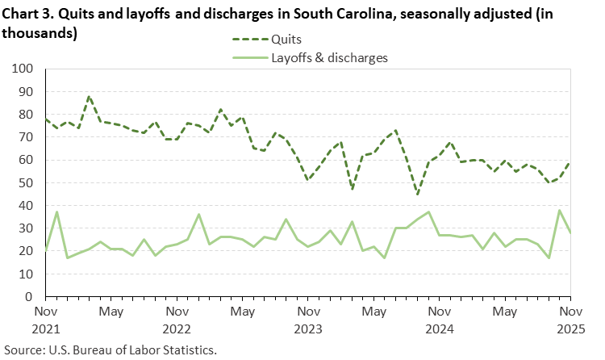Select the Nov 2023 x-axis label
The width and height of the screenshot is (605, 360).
click(x=307, y=319)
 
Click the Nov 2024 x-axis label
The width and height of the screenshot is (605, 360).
click(x=438, y=319)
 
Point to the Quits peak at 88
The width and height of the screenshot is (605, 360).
click(x=89, y=97)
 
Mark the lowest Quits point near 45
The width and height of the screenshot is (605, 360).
click(x=417, y=195)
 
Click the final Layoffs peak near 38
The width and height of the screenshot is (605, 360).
click(x=559, y=211)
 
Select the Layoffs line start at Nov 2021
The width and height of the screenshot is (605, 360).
click(x=45, y=251)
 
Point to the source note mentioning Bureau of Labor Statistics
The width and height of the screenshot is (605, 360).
click(x=112, y=351)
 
